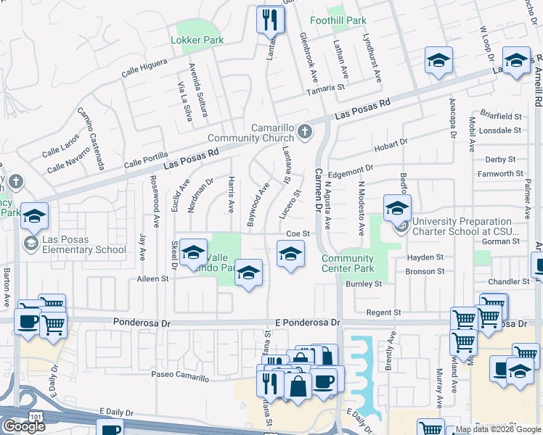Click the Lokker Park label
pyautogui.click(x=197, y=41)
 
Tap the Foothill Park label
pyautogui.click(x=338, y=21)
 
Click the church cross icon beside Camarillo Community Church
pyautogui.click(x=306, y=132)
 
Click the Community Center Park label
pyautogui.click(x=348, y=264)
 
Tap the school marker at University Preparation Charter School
pyautogui.click(x=397, y=208)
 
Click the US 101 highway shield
pyautogui.click(x=34, y=414)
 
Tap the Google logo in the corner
pyautogui.click(x=24, y=426)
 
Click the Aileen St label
pyautogui.click(x=152, y=278)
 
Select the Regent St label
pyautogui.click(x=385, y=312)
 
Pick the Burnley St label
pyautogui.click(x=364, y=284)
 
